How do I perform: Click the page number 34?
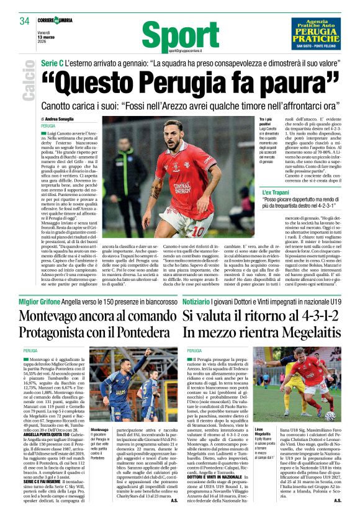(24, 21)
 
